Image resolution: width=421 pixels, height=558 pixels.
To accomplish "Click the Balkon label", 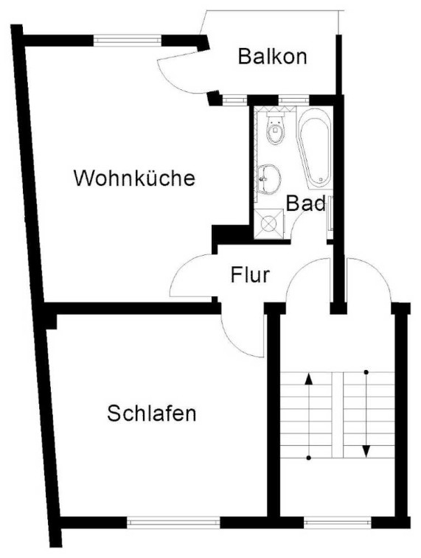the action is pos(272,56).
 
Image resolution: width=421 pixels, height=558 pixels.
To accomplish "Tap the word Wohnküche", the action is pos(134,178).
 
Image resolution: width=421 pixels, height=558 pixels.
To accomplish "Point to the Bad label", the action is pos(306,203).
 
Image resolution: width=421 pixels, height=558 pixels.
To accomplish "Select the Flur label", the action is pos(250,275).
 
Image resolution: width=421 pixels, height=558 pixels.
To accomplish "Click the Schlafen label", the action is pos(152,414).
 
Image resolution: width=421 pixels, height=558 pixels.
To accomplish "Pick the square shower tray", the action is pos(269,223).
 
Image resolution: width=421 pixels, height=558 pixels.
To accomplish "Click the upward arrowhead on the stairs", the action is pos(309,379).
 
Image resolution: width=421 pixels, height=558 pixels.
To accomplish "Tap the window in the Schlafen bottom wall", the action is pos(173,522).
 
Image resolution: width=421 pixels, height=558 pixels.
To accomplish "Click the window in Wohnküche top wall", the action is pos(128,41).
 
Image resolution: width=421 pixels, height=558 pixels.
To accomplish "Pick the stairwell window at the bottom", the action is pos(338,522).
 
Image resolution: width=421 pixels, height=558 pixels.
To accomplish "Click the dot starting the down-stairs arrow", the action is pos(366,372).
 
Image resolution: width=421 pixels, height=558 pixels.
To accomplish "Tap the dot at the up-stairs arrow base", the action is pos(309,458).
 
